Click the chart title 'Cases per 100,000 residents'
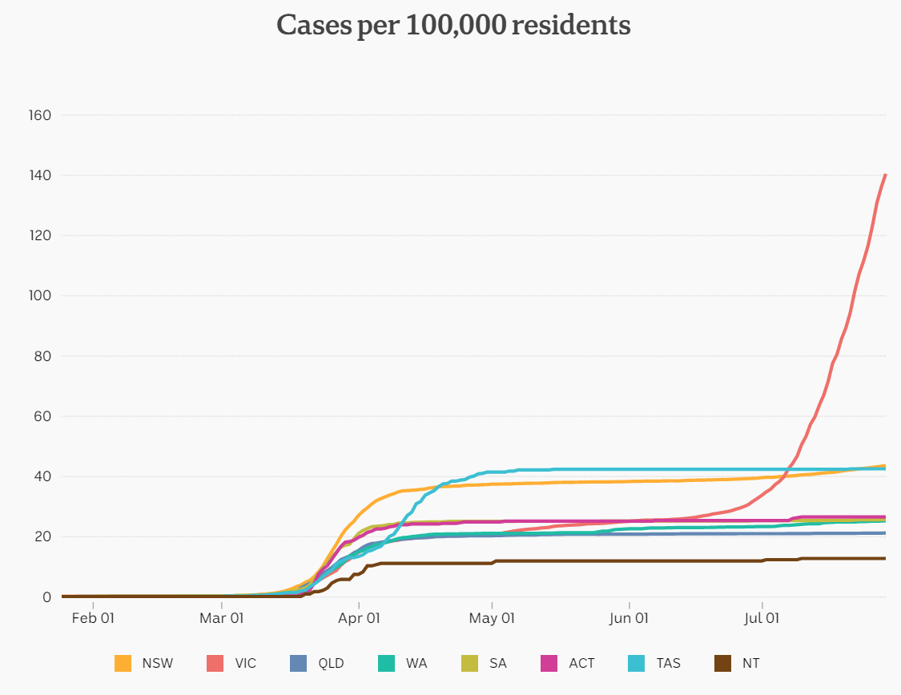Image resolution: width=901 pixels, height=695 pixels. (x=453, y=25)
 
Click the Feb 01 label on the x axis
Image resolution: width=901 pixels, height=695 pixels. (x=93, y=618)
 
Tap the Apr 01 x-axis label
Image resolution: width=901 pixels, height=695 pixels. (x=359, y=618)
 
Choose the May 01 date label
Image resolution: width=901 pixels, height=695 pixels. (x=492, y=618)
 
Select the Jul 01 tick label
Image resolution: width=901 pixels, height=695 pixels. (x=762, y=618)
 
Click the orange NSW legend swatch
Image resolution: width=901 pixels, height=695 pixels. (x=123, y=663)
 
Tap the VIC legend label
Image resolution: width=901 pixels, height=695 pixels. (x=246, y=663)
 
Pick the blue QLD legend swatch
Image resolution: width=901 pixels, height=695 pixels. (x=298, y=663)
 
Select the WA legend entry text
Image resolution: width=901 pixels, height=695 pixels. (x=416, y=663)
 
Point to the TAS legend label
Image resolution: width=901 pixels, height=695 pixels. (x=668, y=663)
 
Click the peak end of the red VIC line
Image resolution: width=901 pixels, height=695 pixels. (x=885, y=175)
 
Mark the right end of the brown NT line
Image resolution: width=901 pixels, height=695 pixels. (x=885, y=558)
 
